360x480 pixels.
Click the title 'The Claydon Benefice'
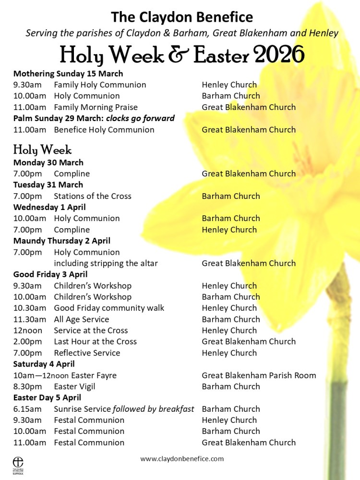[x=182, y=17]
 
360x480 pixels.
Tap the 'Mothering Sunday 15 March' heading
[x=68, y=74]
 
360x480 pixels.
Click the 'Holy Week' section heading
[x=42, y=149]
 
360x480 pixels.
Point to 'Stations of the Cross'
[x=92, y=196]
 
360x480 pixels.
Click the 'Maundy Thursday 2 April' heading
[x=62, y=241]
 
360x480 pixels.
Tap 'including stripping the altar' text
[x=106, y=263]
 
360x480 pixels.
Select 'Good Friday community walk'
[x=109, y=308]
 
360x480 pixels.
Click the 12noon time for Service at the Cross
[x=28, y=331]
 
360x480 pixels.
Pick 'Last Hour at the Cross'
[x=95, y=342]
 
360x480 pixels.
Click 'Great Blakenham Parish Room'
[x=259, y=375]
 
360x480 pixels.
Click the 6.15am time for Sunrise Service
[x=27, y=409]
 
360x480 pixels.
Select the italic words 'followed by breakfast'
[x=154, y=409]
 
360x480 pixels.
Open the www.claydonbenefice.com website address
[x=182, y=459]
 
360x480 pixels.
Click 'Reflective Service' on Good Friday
[x=87, y=353]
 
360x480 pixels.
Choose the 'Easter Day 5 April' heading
[x=47, y=397]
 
